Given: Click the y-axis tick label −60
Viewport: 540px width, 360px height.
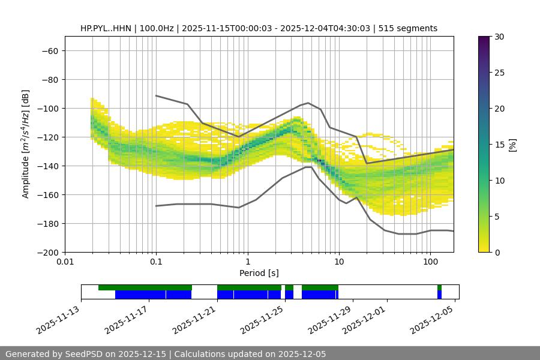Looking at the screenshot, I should pos(49,51).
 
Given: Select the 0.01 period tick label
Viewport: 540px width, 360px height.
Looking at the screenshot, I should pos(65,262).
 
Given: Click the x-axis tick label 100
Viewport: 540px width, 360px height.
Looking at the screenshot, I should pos(430,262).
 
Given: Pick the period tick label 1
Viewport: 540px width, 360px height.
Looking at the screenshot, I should pos(247,262).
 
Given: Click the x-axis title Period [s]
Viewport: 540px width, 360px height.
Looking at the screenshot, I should pos(259,274).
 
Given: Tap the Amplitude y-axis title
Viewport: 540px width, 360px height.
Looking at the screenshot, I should pos(26,144).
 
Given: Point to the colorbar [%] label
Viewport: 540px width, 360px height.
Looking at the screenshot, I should pos(512,145).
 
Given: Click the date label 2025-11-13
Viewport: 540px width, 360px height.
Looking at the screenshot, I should pos(58,320).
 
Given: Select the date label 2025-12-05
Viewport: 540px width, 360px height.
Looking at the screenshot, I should pos(432,320).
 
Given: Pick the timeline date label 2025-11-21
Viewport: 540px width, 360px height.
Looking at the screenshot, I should pos(194,320).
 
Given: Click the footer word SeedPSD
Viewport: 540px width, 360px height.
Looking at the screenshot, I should pos(85,354).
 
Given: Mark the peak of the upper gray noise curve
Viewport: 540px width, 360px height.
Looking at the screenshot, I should pos(308,103).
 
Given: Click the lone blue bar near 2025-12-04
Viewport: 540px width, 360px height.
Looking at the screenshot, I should pos(439,295).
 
